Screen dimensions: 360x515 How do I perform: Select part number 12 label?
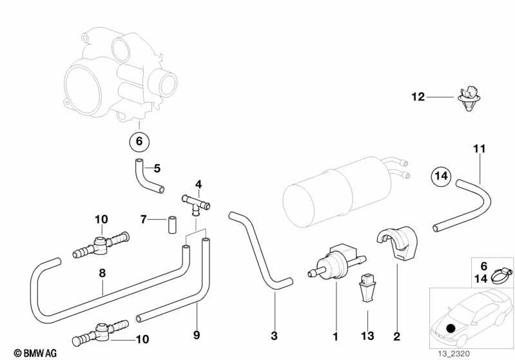coord(418,98)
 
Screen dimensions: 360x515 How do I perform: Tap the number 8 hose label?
coord(101,273)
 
